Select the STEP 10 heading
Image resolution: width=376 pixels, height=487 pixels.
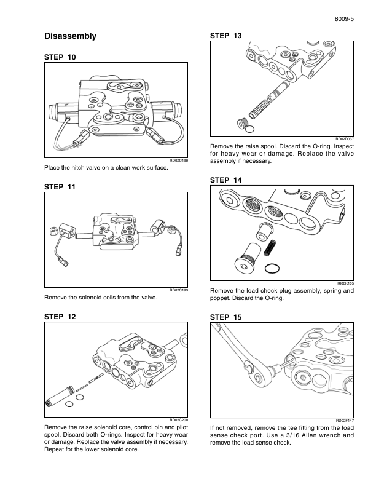click(60, 57)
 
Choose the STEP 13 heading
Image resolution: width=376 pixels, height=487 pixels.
click(225, 36)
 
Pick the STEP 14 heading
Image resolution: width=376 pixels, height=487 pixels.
click(225, 180)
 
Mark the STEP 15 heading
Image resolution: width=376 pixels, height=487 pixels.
click(225, 317)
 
